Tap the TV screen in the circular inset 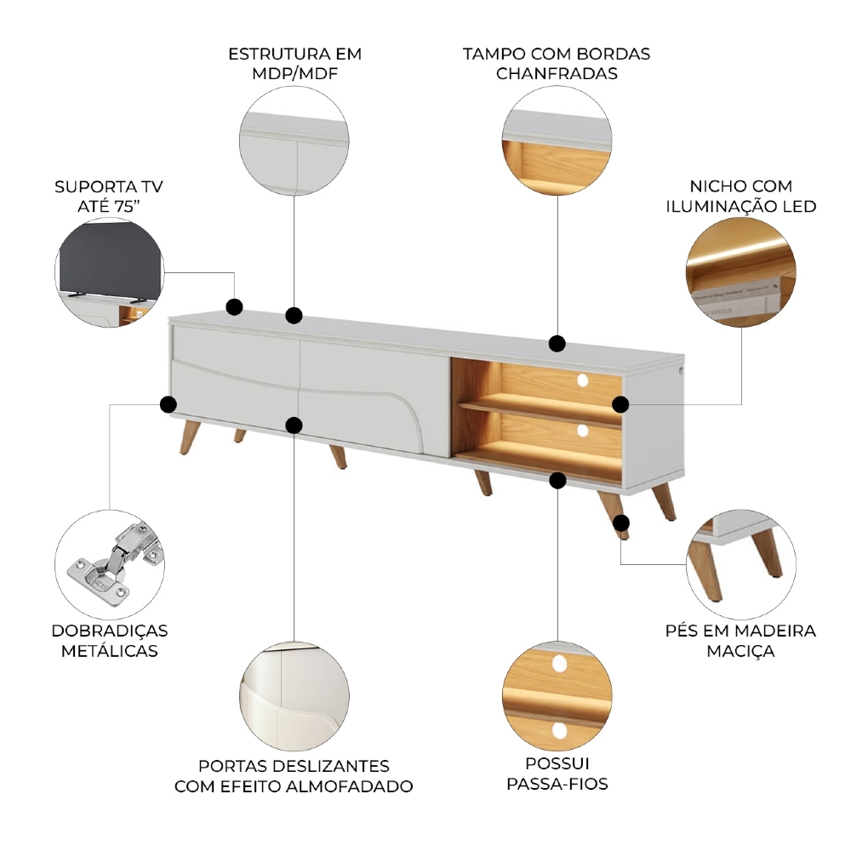coord(110,260)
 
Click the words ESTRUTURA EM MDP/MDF coord(294,64)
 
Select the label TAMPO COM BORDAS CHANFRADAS coord(557,64)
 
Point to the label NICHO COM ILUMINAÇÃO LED coord(741,196)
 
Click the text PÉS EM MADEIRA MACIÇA coord(740,641)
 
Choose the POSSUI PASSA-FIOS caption coord(557,774)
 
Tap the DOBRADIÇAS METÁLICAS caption coord(110,641)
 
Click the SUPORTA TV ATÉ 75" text coord(109,196)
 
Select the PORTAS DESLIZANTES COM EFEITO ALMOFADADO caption coord(294,776)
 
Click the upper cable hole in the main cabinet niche coord(582,380)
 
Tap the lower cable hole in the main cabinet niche coord(582,431)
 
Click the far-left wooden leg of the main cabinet coord(189,437)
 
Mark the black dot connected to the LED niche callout coord(620,404)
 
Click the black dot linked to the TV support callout coord(234,306)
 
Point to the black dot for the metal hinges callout coord(168,404)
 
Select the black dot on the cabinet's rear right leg coord(621,523)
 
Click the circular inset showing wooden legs coord(741,564)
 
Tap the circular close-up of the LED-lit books coord(741,272)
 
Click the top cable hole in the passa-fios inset coord(559,663)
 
